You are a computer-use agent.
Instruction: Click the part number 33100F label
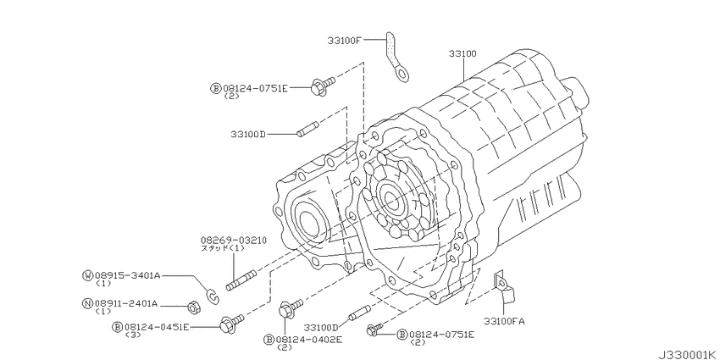345,41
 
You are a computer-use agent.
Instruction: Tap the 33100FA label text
504,321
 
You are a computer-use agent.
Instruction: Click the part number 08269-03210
233,241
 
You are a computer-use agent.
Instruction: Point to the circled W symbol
87,275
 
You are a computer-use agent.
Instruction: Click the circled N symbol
87,303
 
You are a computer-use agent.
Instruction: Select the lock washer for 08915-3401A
213,296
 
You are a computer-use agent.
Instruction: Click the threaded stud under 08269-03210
241,280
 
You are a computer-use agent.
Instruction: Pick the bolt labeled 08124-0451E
232,323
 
